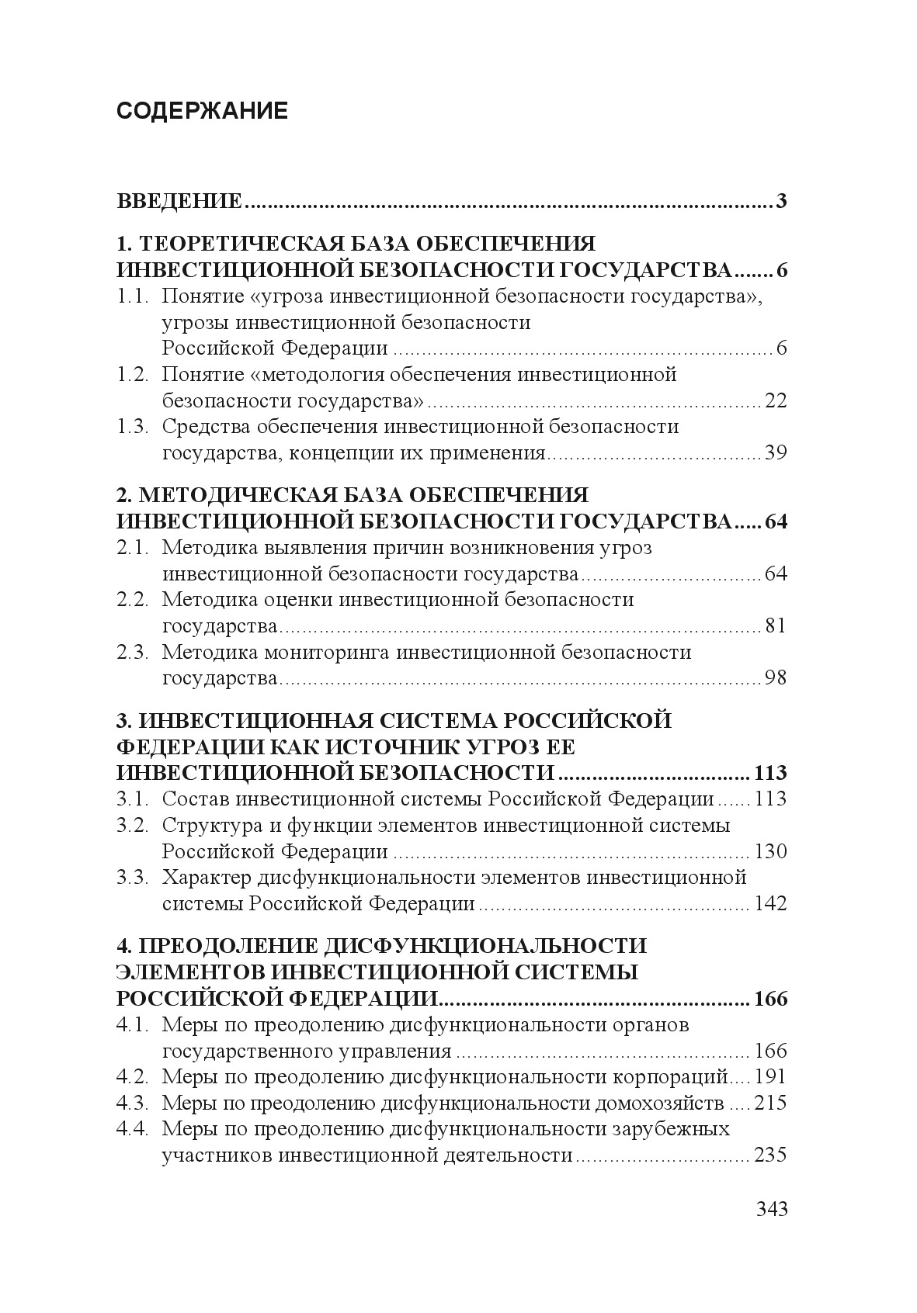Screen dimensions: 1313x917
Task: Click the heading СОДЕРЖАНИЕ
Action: [x=202, y=111]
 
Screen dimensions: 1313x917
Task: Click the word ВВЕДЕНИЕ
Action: [x=179, y=202]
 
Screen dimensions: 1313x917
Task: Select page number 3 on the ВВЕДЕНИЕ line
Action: [x=780, y=202]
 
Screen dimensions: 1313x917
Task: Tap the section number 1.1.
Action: [x=132, y=296]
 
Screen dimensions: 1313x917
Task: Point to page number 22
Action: [x=776, y=400]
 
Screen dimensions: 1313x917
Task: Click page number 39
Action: [x=776, y=452]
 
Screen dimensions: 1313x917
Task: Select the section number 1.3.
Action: [x=132, y=427]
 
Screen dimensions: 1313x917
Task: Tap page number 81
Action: [x=776, y=625]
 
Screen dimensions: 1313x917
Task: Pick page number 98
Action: [x=776, y=677]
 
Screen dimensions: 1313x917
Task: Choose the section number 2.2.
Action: [x=132, y=600]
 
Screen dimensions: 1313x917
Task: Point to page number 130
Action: [x=770, y=851]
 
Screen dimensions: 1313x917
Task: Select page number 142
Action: [x=770, y=903]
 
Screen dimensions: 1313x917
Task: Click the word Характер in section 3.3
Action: [x=207, y=878]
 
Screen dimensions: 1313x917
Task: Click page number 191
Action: [x=770, y=1077]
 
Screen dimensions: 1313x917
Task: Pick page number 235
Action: [x=770, y=1155]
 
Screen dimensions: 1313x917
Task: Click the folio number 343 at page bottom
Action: [x=771, y=1209]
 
